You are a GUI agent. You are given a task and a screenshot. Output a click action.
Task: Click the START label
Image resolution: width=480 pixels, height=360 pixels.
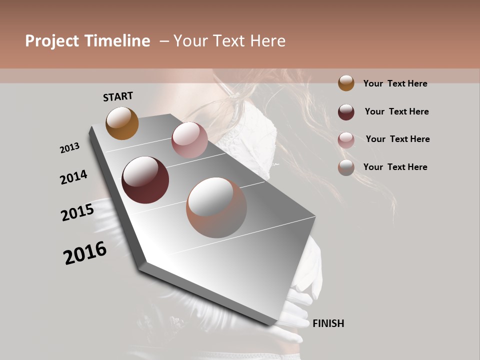click(x=118, y=96)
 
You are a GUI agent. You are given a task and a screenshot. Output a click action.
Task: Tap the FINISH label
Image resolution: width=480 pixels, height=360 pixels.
click(x=328, y=323)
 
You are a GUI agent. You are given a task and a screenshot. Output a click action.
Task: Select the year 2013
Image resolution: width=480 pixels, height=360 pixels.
click(x=69, y=148)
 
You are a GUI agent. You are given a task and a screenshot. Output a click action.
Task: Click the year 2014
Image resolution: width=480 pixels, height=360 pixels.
click(x=73, y=177)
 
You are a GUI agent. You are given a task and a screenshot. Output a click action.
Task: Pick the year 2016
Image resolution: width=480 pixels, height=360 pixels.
click(x=85, y=253)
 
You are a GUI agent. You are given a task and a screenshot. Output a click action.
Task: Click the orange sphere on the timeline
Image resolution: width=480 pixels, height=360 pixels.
click(x=122, y=123)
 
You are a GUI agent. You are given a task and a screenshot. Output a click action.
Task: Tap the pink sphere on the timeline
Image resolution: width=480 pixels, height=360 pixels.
click(x=189, y=140)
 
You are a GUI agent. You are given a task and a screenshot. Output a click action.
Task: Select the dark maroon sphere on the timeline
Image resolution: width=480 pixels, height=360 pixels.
click(x=145, y=180)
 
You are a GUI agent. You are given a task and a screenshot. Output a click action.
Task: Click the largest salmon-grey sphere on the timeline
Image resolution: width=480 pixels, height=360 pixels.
click(x=216, y=207)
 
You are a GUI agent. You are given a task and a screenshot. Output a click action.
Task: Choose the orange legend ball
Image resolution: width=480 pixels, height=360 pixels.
click(x=346, y=83)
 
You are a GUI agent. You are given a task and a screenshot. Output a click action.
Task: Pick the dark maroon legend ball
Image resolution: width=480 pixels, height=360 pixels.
click(x=346, y=111)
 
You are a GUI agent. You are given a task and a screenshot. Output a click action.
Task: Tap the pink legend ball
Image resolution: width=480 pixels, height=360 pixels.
click(x=346, y=139)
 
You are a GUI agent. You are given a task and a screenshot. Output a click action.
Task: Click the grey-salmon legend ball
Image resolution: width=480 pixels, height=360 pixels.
click(x=346, y=167)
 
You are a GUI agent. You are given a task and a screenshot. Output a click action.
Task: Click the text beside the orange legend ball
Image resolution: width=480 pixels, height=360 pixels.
click(x=395, y=83)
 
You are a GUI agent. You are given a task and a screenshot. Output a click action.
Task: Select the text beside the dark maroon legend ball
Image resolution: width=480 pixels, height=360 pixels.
click(x=396, y=111)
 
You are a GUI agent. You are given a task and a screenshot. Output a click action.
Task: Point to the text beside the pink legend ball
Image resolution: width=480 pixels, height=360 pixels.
click(x=397, y=139)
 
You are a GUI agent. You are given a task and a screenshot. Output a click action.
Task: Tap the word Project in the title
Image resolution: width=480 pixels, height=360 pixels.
click(x=52, y=41)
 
